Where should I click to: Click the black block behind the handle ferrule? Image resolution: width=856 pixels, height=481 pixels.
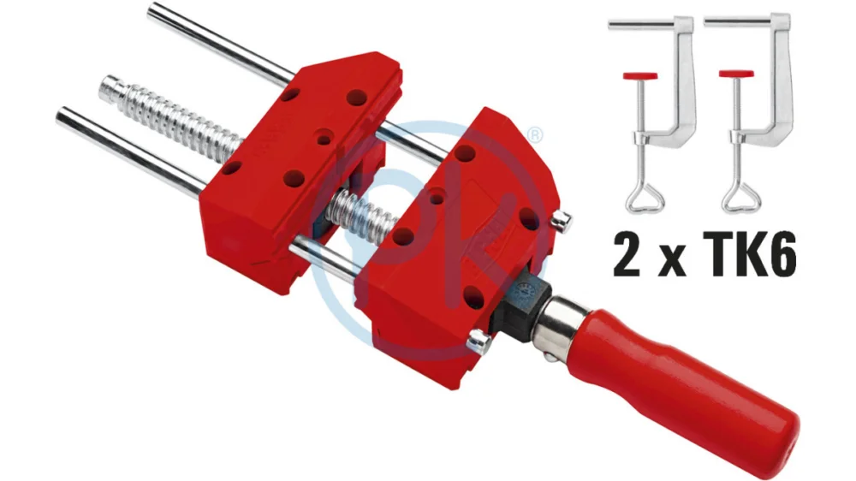[x=521, y=307]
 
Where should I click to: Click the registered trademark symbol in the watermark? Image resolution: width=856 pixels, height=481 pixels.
[x=536, y=134]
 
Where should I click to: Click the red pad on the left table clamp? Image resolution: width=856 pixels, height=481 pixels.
[x=639, y=75]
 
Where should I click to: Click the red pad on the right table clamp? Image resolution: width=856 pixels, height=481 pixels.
[x=736, y=74]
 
